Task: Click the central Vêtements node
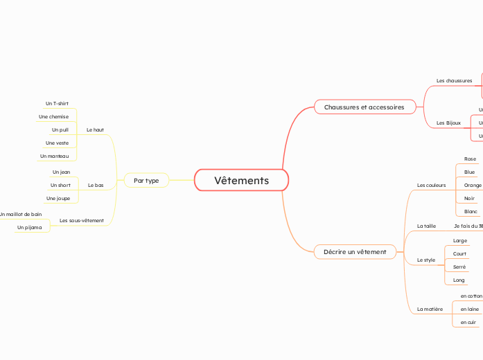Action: (241, 181)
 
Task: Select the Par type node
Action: (146, 181)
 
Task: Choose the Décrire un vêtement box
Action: (355, 252)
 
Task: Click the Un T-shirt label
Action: (57, 104)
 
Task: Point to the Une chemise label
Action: (53, 117)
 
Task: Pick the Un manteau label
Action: (54, 156)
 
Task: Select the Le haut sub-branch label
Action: (95, 130)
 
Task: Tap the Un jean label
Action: (61, 172)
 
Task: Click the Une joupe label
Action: (58, 199)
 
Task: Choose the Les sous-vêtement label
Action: (82, 221)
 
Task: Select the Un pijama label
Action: (29, 228)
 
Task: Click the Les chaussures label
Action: (454, 81)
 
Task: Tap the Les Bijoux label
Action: (448, 123)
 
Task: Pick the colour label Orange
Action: (473, 186)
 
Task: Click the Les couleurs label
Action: (431, 186)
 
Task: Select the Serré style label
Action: (459, 267)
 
